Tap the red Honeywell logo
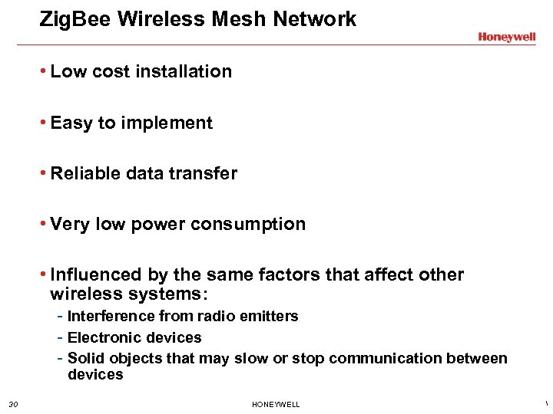point(506,37)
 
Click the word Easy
point(71,123)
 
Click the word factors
point(300,274)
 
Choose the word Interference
point(111,316)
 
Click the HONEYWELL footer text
point(276,404)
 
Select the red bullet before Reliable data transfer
point(45,173)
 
